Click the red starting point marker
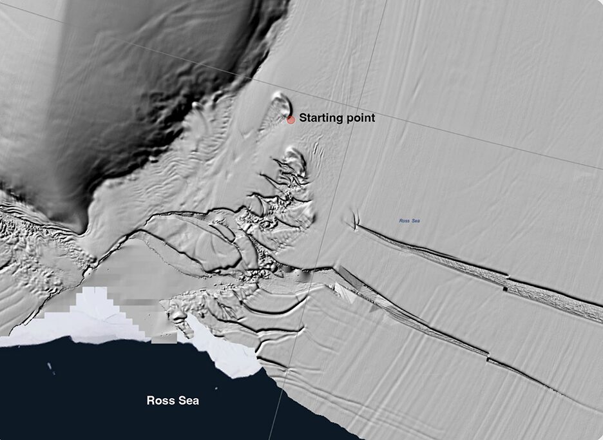click(x=291, y=119)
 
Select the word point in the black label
click(x=359, y=119)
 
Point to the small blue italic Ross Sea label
click(x=409, y=221)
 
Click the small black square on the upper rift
click(x=504, y=289)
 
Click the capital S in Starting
click(x=303, y=119)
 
